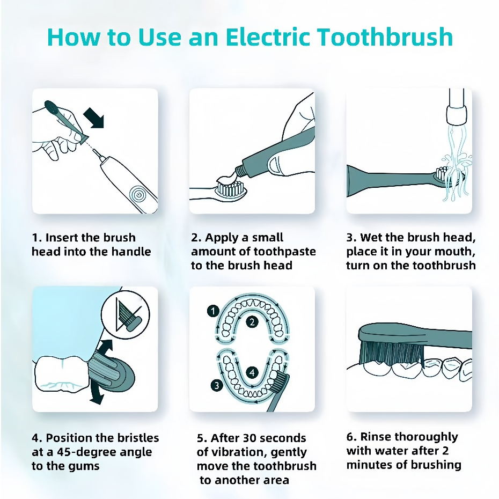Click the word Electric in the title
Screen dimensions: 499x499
click(268, 37)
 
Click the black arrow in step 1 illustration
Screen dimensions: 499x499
click(94, 118)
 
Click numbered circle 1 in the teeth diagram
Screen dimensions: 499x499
click(213, 311)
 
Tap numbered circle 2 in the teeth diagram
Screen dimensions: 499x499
click(252, 322)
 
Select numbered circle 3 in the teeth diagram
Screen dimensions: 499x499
click(217, 385)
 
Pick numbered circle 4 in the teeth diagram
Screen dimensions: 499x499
click(252, 372)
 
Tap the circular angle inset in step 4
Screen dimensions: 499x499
click(126, 314)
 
